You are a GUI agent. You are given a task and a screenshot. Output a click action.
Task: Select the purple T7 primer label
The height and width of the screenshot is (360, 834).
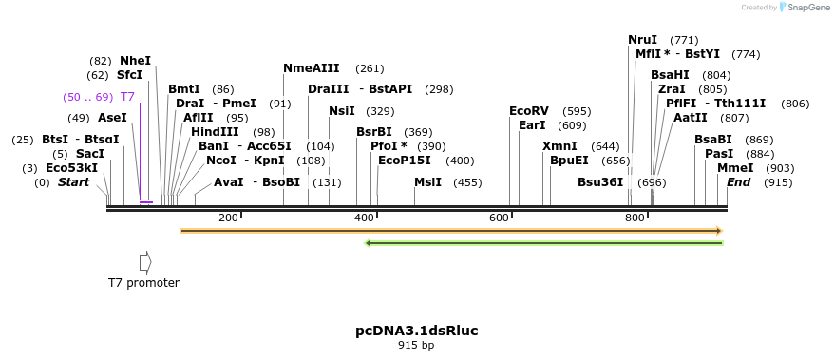(127, 97)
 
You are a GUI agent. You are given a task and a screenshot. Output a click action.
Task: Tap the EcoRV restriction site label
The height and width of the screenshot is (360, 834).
(529, 111)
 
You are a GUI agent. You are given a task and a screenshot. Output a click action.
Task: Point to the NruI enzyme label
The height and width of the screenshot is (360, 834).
(642, 40)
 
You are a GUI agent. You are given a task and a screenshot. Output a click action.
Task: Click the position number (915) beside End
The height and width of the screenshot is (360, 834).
(777, 182)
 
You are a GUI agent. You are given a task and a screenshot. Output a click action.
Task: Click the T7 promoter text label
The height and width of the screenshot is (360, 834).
(143, 282)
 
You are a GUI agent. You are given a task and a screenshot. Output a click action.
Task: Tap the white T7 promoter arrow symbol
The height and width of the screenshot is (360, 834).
(145, 261)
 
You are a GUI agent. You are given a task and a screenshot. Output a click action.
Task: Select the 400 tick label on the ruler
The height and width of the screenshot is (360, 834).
(364, 218)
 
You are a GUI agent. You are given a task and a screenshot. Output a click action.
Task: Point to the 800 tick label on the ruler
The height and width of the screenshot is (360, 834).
(635, 218)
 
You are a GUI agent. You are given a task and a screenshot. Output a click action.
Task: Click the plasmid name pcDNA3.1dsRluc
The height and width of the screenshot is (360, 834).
(417, 331)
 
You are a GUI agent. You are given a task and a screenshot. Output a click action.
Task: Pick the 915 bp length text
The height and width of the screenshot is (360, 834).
(417, 346)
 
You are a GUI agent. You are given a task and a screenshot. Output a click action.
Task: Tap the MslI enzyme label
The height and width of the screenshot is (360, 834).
(427, 182)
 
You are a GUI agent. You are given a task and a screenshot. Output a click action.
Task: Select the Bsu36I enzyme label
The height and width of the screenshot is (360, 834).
(600, 182)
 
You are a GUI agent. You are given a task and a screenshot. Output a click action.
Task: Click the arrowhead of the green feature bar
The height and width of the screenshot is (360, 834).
(369, 243)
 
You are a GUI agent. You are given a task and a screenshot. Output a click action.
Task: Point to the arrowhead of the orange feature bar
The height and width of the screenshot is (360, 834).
(719, 231)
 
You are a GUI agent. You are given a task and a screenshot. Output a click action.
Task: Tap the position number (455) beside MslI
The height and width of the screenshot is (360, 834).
(467, 182)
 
